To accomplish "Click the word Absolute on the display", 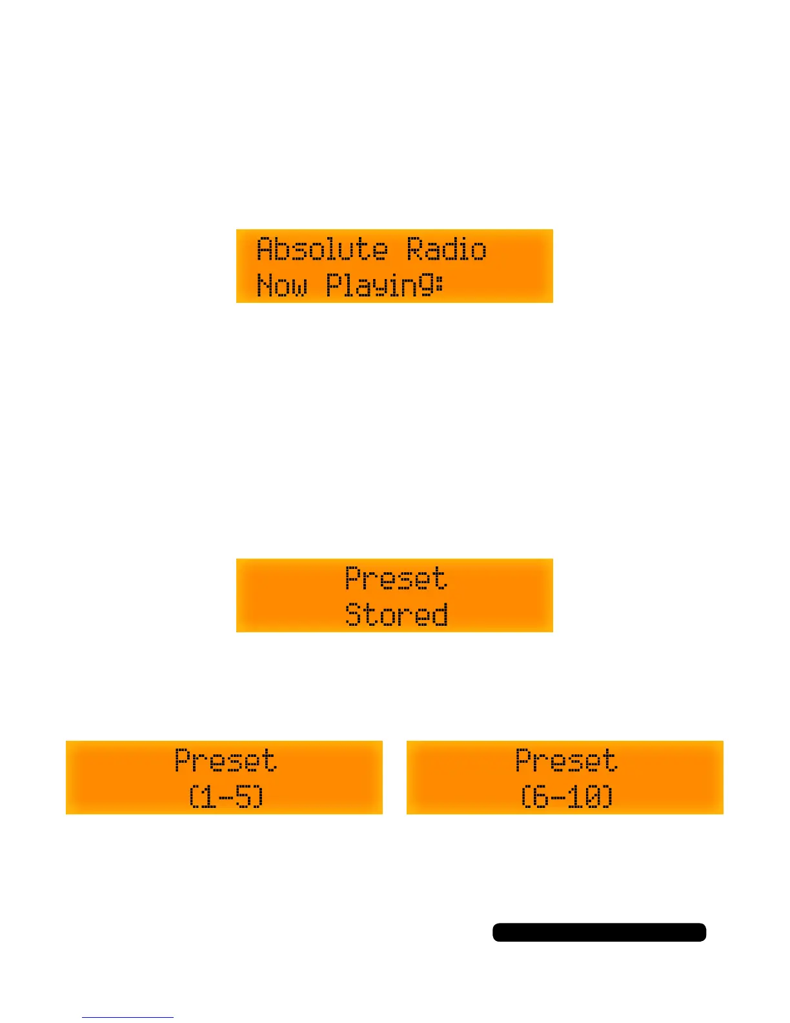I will (322, 249).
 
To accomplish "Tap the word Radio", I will (446, 249).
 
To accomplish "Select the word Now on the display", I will (282, 285).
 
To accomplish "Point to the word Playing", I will (379, 285).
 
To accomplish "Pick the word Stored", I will (396, 614).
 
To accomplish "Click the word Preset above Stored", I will (396, 578).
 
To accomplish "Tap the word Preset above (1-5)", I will (225, 760).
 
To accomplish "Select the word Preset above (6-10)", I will (566, 760).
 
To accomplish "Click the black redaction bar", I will (599, 932).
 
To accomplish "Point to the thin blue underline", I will (127, 1017).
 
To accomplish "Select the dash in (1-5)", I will (225, 798).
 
